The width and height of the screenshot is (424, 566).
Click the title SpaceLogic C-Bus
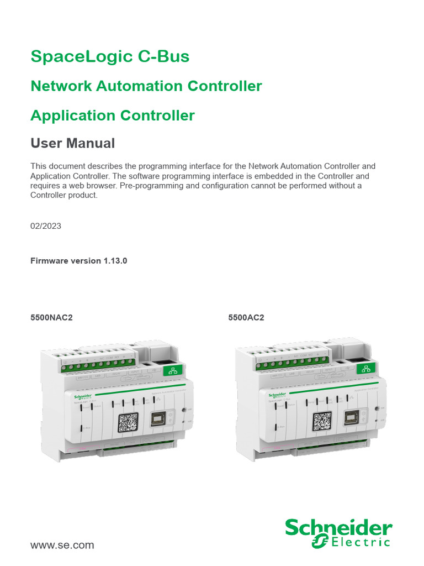point(110,56)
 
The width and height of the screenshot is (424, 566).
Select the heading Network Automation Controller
point(146,86)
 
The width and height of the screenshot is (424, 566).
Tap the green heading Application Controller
point(113,116)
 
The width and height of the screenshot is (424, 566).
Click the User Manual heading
point(72,144)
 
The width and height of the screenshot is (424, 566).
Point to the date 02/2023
point(46,226)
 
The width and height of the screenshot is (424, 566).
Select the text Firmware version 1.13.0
point(79,260)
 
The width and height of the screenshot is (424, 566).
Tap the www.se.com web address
point(62,545)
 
